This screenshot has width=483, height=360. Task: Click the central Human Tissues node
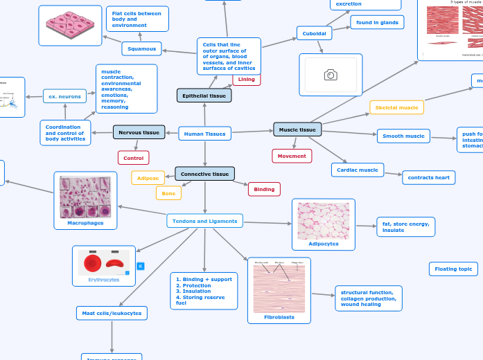204,134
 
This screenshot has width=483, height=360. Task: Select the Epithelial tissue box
204,96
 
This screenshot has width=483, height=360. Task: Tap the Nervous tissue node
139,132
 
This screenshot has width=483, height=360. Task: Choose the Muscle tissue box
297,129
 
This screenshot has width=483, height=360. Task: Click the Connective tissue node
204,174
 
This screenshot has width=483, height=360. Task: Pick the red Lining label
246,80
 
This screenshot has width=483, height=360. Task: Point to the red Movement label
292,156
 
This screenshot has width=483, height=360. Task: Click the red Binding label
264,189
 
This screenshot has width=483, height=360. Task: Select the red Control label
133,158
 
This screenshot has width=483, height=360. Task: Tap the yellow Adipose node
148,178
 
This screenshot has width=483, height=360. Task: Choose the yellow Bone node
168,194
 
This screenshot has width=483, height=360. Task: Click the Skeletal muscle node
396,107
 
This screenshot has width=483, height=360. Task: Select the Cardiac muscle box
358,170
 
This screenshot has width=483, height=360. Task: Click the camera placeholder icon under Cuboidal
331,75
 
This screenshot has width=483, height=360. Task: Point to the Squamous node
141,48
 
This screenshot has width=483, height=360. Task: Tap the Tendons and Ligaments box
204,221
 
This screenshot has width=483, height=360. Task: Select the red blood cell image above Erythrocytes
103,262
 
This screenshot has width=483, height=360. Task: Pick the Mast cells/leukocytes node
112,314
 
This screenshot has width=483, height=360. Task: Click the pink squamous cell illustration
70,26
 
